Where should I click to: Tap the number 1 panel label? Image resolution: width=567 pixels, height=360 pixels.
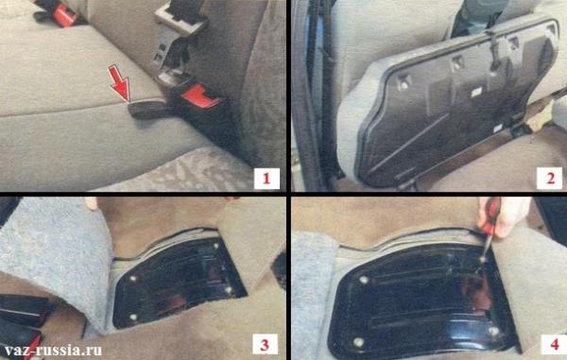[266, 179]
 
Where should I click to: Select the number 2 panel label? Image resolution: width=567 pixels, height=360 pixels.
[550, 179]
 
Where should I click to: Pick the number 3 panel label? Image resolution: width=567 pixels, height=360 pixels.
[265, 345]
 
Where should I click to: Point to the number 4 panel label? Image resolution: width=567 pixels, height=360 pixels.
[554, 345]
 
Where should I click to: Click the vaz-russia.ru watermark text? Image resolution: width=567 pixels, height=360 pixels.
[53, 351]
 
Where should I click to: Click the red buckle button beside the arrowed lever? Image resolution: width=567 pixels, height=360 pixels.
[200, 95]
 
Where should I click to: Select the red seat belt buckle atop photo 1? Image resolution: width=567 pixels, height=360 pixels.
[65, 14]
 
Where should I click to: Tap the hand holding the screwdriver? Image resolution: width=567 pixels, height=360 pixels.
[505, 216]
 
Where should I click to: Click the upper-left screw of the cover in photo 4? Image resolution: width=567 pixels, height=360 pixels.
[364, 280]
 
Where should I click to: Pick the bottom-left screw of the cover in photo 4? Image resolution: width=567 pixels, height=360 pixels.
[358, 342]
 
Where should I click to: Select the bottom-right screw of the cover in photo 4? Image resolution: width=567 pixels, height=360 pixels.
[493, 331]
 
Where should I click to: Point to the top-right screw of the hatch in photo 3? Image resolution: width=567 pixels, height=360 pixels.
[216, 246]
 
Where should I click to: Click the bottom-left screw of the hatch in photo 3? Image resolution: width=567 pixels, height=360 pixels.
[133, 317]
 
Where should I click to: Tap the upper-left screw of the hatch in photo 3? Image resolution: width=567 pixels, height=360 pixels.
[132, 279]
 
